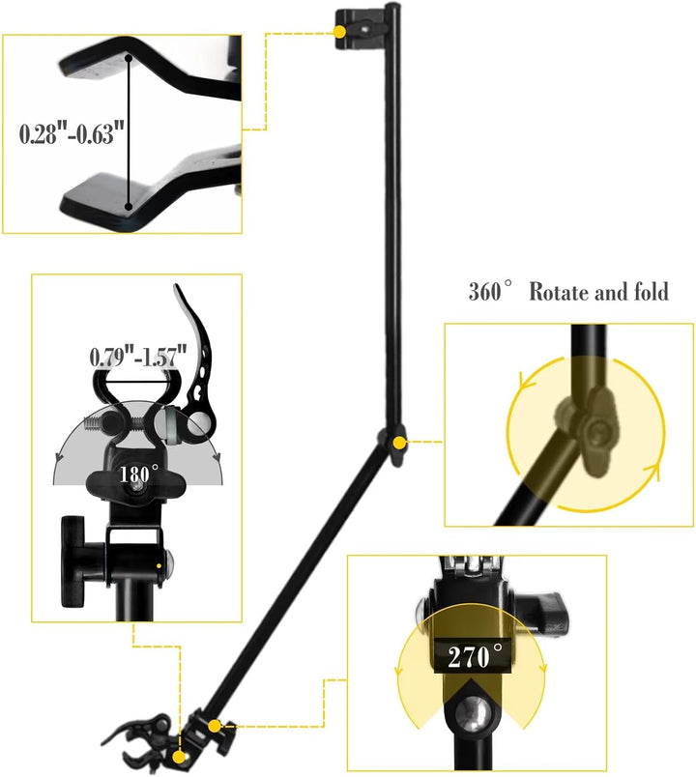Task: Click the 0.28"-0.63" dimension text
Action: [x=72, y=133]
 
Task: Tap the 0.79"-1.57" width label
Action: [x=138, y=357]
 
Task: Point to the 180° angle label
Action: [x=138, y=475]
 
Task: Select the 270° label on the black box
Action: [x=475, y=656]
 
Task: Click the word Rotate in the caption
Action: [x=560, y=292]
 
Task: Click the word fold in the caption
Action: [x=651, y=292]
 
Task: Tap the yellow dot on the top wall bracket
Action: [x=339, y=32]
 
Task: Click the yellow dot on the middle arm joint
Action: [x=398, y=443]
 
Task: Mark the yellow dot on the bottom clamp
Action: [x=179, y=757]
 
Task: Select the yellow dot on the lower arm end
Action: [x=215, y=726]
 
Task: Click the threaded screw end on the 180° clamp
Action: [x=97, y=423]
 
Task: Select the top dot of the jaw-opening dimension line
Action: [x=129, y=58]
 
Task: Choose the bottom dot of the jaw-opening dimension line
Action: [x=129, y=206]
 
